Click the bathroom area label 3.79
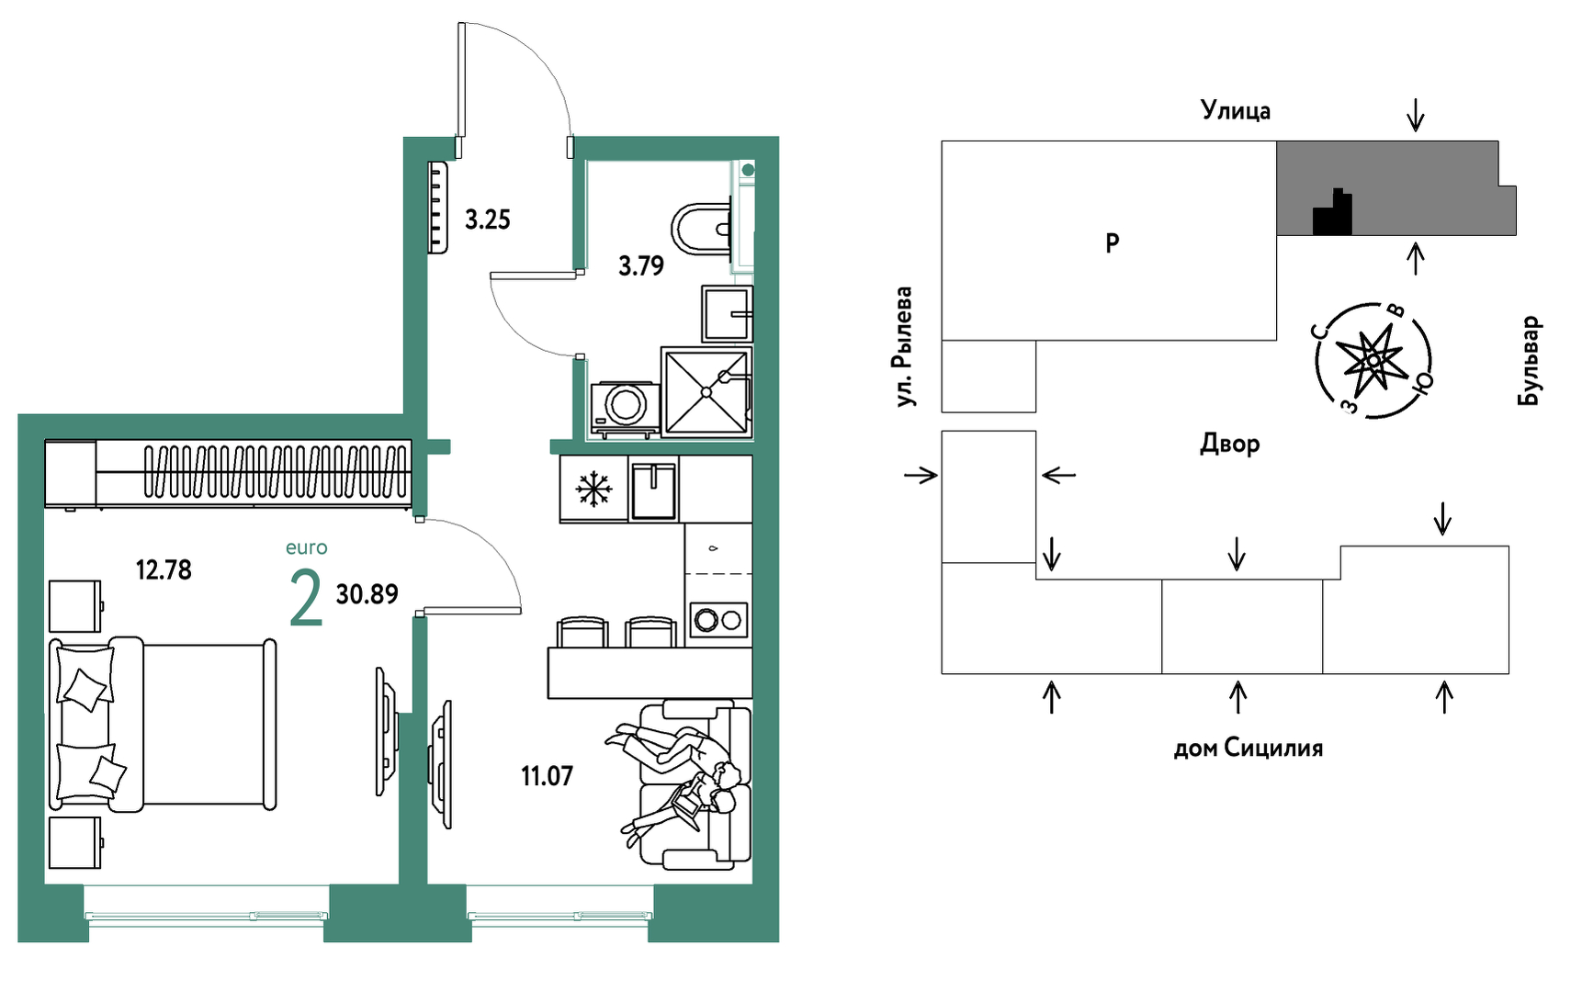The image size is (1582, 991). (x=641, y=266)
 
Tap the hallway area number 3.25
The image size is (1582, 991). (x=487, y=220)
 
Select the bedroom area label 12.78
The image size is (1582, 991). (x=164, y=570)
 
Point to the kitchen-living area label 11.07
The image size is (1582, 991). (x=547, y=776)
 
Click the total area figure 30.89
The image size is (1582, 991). (x=367, y=594)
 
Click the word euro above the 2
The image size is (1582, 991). (x=306, y=548)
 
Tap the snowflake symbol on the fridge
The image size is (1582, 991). (x=593, y=489)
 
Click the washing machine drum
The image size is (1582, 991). (x=626, y=404)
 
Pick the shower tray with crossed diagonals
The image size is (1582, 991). (x=706, y=391)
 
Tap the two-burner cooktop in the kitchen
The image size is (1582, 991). (x=718, y=620)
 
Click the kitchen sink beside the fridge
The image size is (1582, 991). (x=654, y=490)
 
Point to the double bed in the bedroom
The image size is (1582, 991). (x=163, y=724)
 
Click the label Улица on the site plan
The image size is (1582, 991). (x=1236, y=111)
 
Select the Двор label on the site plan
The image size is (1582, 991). (x=1229, y=445)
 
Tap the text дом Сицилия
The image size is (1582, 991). (x=1248, y=749)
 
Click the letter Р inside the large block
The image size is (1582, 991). (x=1112, y=243)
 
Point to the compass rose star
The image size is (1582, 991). (x=1373, y=359)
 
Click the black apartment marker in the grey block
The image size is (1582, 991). (x=1332, y=214)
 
